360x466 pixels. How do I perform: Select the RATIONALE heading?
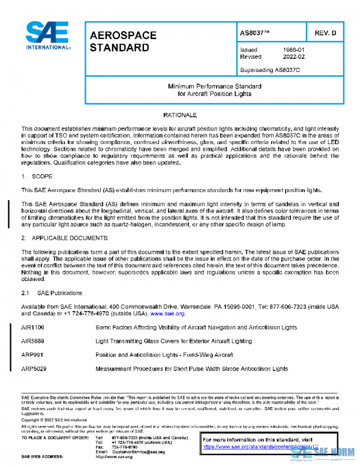tap(180, 114)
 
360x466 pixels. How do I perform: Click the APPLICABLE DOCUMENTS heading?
tap(61, 237)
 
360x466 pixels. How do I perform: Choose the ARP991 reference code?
tap(32, 354)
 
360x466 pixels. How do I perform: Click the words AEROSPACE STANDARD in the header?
tap(123, 41)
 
